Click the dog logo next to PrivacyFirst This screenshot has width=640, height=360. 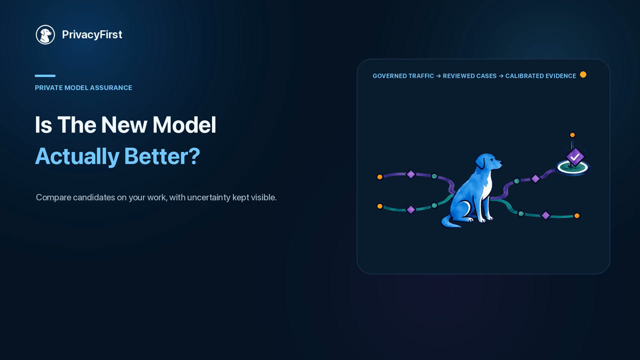(45, 34)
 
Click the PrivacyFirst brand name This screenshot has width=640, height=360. (92, 34)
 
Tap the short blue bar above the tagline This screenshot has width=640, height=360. (45, 75)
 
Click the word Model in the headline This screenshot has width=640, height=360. (184, 125)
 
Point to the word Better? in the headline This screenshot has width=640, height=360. (162, 156)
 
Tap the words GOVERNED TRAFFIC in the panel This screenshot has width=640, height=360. (403, 76)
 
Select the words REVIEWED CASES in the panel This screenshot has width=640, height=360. (469, 76)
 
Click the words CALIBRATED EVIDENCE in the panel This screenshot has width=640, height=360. (540, 76)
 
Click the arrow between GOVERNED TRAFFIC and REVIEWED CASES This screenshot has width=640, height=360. (438, 76)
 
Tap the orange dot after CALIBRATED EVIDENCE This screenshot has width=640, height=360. (583, 74)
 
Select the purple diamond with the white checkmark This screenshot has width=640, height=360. (575, 156)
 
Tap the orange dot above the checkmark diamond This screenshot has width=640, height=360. (572, 135)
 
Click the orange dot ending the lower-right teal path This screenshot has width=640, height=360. (577, 215)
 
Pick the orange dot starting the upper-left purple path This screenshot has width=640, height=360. (379, 177)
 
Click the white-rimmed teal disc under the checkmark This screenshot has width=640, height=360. (573, 171)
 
